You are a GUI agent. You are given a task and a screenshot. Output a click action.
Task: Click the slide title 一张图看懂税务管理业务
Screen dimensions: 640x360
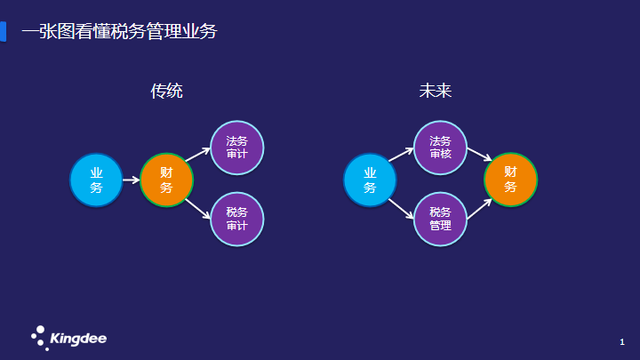tap(119, 31)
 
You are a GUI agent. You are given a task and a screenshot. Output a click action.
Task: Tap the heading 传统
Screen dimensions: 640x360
tap(166, 91)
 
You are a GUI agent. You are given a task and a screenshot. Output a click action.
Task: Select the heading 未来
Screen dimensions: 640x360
tap(435, 91)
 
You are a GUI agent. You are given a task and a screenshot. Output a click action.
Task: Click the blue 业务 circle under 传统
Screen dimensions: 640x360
tap(96, 180)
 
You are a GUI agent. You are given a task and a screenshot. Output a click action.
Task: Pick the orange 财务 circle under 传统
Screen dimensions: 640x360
tap(166, 180)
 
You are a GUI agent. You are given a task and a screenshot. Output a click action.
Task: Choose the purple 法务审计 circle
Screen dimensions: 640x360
tap(237, 148)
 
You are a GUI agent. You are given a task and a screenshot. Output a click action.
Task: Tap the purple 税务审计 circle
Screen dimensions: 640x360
tap(237, 220)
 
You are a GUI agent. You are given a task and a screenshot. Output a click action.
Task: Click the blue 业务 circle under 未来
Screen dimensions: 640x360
tap(370, 180)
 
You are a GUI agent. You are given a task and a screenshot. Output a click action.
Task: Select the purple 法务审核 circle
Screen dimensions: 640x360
tap(440, 148)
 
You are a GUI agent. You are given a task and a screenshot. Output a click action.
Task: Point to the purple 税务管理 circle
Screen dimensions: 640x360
tap(440, 220)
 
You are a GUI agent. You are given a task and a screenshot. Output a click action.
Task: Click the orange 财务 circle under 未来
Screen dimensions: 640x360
tap(510, 180)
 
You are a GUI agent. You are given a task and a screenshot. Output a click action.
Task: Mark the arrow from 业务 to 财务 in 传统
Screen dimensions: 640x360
tap(131, 180)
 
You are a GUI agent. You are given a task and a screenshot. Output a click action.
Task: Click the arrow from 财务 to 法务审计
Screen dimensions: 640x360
tap(198, 155)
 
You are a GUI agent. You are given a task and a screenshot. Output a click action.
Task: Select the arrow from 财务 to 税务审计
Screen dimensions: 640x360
tap(198, 209)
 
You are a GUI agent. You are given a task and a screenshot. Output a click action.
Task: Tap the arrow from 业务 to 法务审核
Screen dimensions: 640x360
tap(401, 155)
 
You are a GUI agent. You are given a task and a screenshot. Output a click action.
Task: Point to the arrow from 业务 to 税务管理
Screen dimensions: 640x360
tap(401, 209)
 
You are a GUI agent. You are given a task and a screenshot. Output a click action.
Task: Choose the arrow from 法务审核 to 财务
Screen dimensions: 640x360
tap(480, 155)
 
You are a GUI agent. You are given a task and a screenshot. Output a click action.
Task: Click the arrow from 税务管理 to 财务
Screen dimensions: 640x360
tap(480, 209)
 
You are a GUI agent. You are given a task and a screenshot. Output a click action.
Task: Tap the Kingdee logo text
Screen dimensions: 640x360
tap(78, 339)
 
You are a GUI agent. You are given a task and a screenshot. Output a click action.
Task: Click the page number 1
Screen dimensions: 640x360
tap(622, 342)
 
